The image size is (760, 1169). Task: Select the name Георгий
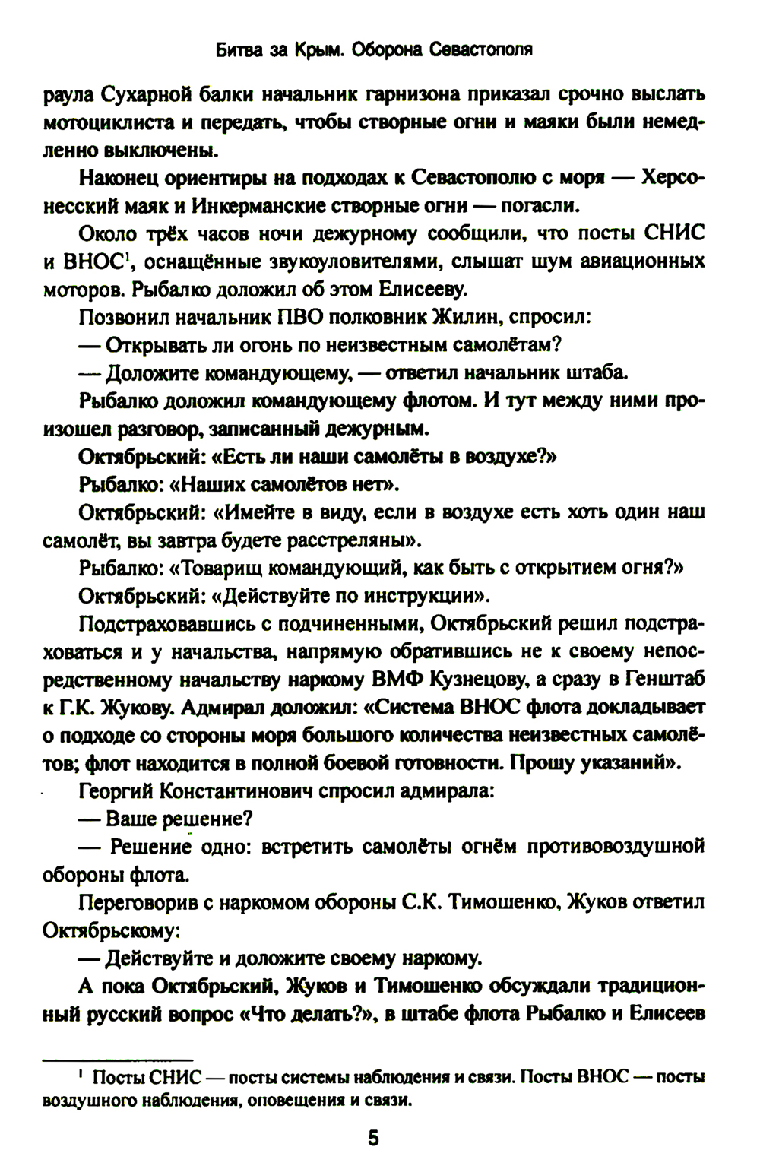coord(116,790)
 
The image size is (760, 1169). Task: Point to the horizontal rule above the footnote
coord(118,1058)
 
